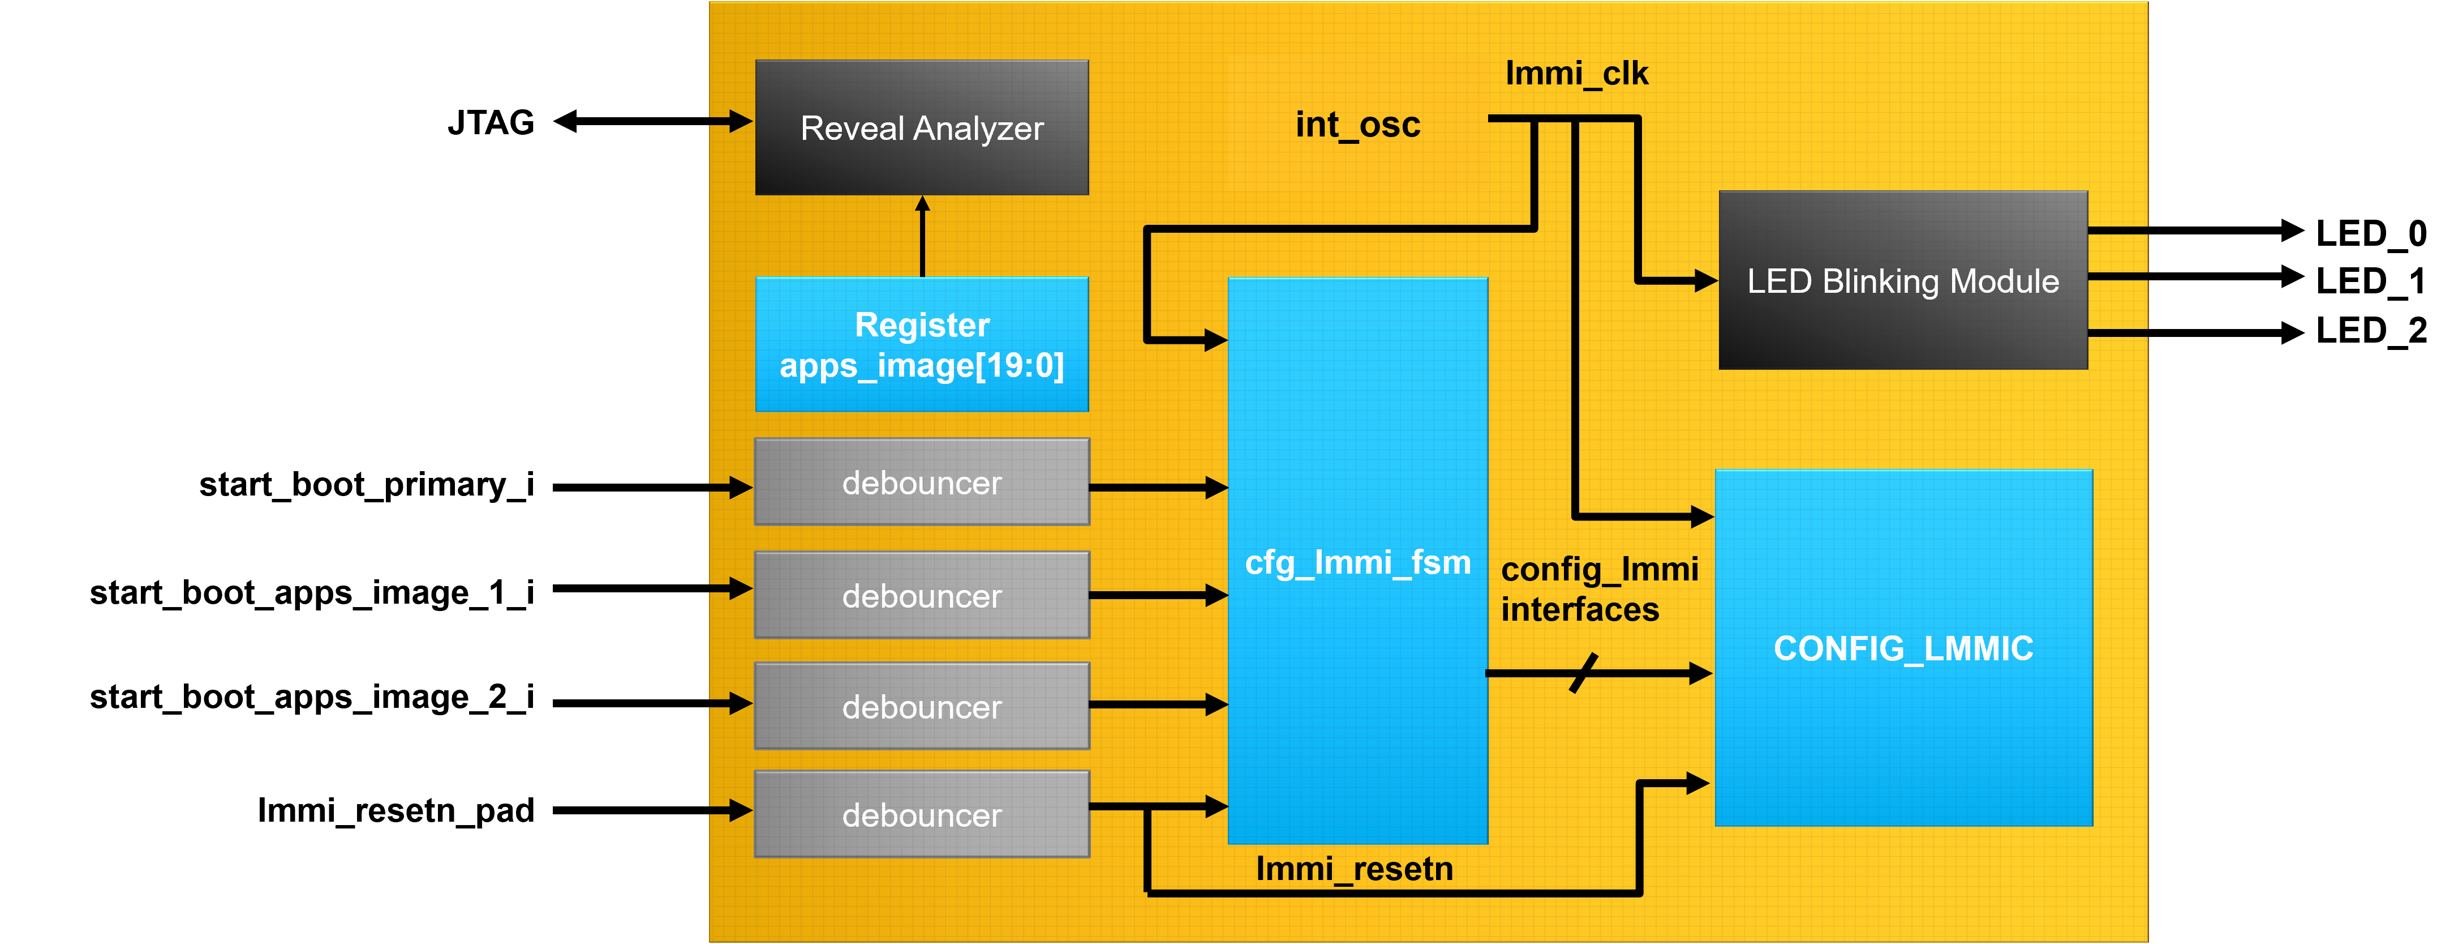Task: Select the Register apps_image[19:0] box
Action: pos(922,344)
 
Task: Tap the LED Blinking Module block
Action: pos(1902,281)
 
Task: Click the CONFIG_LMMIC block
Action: pos(1903,648)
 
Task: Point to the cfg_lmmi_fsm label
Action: pos(1357,562)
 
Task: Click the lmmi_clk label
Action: pos(1576,73)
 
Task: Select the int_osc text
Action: pos(1357,125)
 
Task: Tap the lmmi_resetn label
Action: pos(1355,869)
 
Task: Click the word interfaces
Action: pos(1580,609)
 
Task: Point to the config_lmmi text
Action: pos(1599,569)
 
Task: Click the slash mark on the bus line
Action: pos(1584,673)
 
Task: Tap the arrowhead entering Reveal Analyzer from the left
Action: pos(741,121)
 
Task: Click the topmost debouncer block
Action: pos(922,482)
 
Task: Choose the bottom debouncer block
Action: pos(922,814)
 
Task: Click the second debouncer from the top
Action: pos(922,596)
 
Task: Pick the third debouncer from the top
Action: pos(922,706)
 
